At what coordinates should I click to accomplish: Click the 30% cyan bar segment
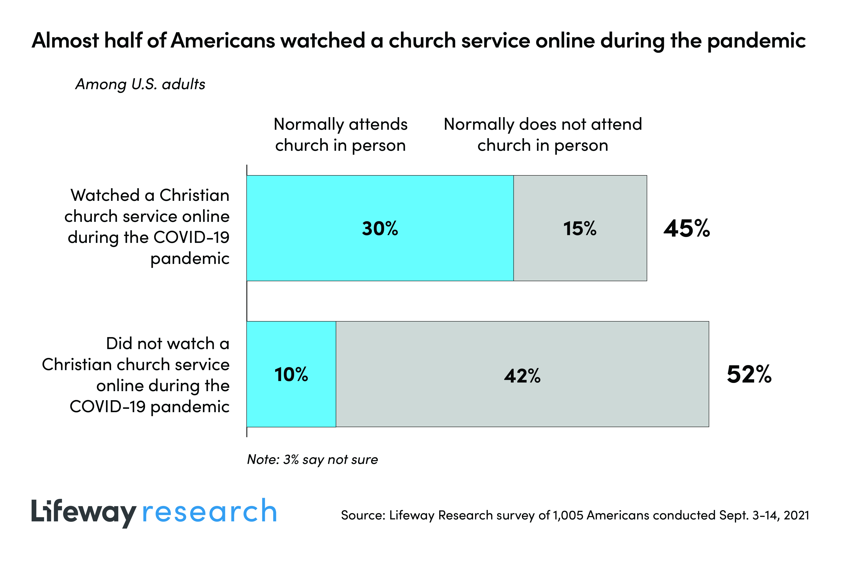380,228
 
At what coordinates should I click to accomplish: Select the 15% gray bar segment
580,228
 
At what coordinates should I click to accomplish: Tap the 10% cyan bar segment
291,374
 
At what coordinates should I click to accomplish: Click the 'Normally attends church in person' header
340,135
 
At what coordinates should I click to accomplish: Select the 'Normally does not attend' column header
543,135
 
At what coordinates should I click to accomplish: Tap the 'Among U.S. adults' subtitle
140,84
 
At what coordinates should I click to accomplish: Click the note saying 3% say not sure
312,459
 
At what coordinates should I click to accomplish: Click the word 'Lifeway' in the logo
83,512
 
